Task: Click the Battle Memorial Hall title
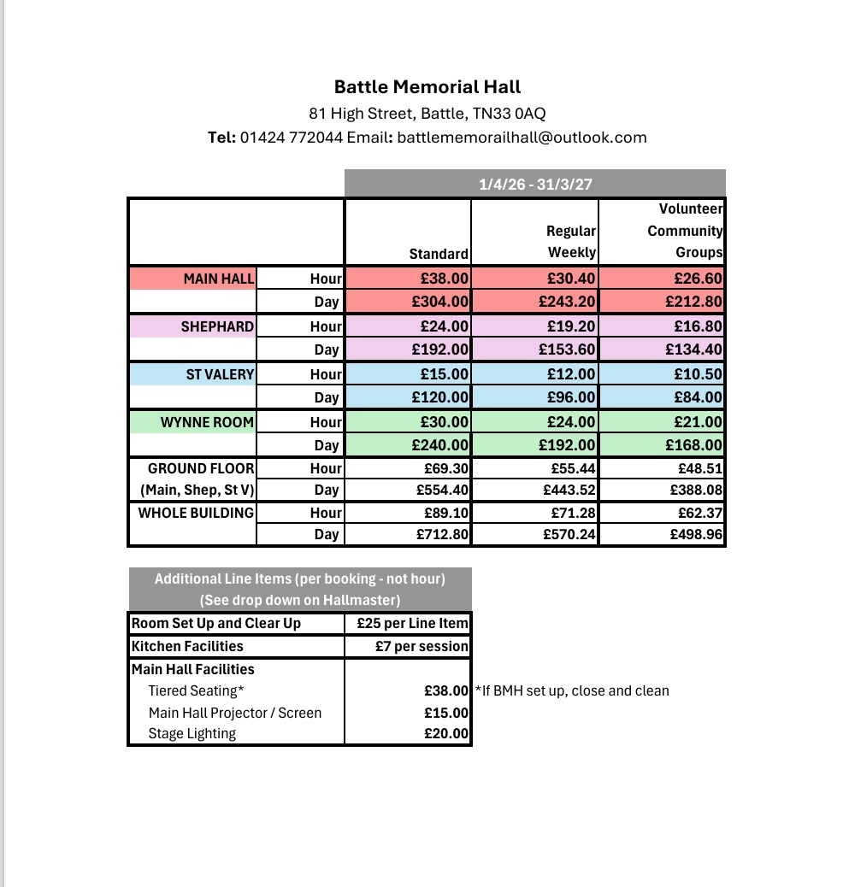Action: point(427,87)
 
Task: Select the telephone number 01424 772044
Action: point(292,137)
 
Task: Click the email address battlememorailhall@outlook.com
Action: point(522,137)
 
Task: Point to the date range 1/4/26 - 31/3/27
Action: point(535,184)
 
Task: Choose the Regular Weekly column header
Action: point(571,242)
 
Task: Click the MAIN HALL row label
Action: point(219,279)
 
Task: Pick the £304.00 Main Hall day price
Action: point(440,302)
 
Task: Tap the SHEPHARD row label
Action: point(217,326)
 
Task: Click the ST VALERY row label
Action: point(220,374)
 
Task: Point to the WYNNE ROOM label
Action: point(207,422)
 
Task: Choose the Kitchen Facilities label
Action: point(187,646)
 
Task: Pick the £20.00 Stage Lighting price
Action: point(446,733)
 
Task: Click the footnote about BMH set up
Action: point(572,690)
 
